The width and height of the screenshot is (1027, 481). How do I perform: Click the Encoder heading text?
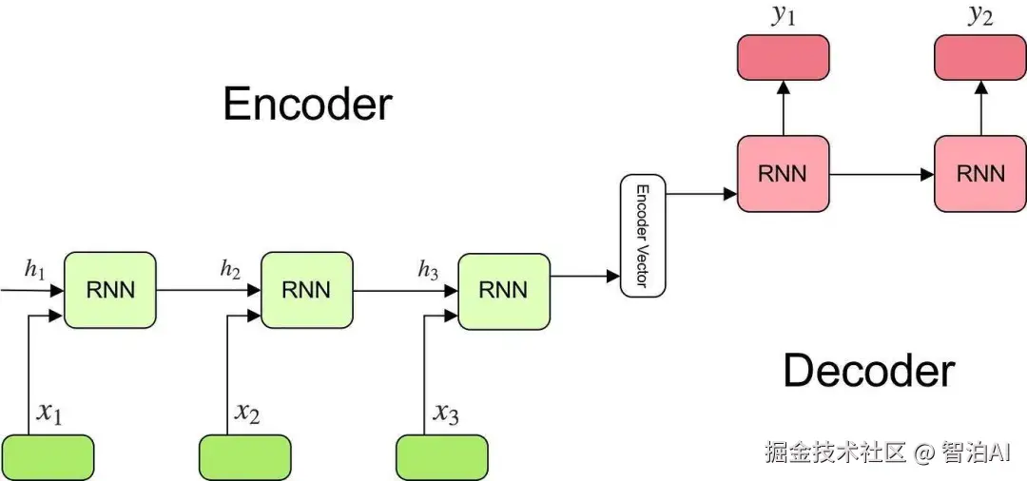(307, 104)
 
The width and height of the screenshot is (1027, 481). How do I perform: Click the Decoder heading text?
(868, 370)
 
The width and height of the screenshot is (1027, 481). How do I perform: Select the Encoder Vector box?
(643, 236)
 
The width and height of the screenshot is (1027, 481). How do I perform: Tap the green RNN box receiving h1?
(109, 290)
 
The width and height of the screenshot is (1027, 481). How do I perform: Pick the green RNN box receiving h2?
(306, 290)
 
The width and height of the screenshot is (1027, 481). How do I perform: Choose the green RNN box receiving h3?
(503, 290)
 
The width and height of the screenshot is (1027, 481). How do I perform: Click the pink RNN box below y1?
(783, 174)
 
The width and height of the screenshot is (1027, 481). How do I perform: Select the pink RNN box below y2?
(980, 174)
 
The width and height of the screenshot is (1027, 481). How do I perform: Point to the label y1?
(783, 16)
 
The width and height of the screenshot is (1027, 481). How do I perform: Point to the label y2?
(980, 16)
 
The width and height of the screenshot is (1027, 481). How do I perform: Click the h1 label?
(34, 270)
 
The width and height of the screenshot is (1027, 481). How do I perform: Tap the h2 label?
(230, 270)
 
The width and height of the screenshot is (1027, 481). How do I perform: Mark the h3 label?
(428, 271)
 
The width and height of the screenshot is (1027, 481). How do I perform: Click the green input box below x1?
(48, 457)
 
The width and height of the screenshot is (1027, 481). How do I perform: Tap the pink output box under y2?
(980, 57)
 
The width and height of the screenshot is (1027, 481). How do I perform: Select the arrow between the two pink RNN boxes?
(882, 174)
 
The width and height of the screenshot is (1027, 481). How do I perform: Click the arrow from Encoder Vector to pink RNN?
(702, 194)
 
